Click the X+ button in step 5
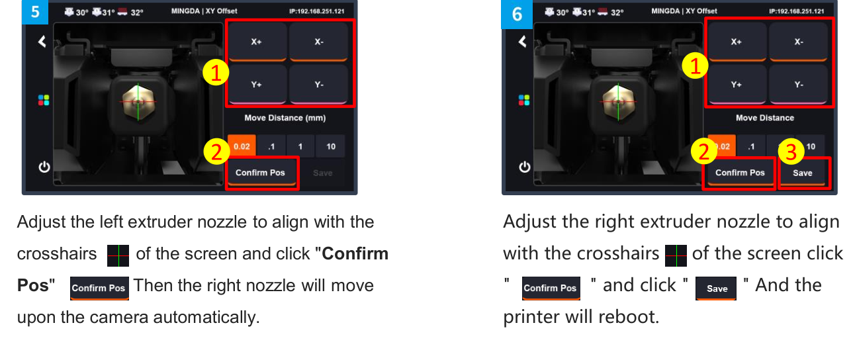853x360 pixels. pos(256,41)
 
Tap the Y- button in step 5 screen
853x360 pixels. pos(318,84)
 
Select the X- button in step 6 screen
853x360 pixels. pos(799,41)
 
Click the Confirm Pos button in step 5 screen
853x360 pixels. pos(260,173)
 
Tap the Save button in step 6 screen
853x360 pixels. pos(802,173)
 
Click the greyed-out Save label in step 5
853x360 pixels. pos(322,173)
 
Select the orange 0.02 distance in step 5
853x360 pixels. pos(239,146)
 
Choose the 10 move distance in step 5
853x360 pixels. pos(330,146)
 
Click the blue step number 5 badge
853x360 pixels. pos(35,13)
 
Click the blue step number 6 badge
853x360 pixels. pos(516,14)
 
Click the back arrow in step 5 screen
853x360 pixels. pos(42,42)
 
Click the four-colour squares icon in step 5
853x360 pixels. pos(44,100)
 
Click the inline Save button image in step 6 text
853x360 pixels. pos(716,289)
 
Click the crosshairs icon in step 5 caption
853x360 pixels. pos(118,255)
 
